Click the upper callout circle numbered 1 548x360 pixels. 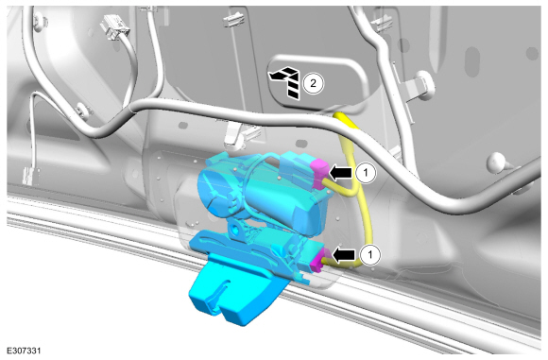366,173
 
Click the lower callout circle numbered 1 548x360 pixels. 370,255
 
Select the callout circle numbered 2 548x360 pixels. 313,83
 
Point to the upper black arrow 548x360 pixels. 340,173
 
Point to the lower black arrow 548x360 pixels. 344,255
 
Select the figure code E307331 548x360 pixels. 24,351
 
